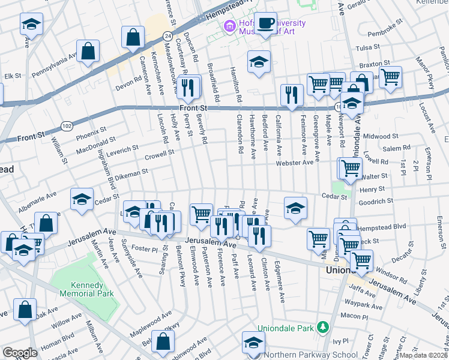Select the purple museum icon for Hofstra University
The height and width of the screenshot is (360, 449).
(x=228, y=26)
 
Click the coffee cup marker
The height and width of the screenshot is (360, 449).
(x=267, y=24)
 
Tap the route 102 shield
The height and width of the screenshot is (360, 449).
(x=66, y=125)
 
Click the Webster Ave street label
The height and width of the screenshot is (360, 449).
(x=295, y=163)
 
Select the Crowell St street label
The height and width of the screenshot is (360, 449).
(x=159, y=153)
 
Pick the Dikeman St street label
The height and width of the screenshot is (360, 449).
(x=131, y=173)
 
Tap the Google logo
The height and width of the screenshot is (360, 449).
(x=20, y=353)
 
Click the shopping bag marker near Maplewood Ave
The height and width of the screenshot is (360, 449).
(x=163, y=341)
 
